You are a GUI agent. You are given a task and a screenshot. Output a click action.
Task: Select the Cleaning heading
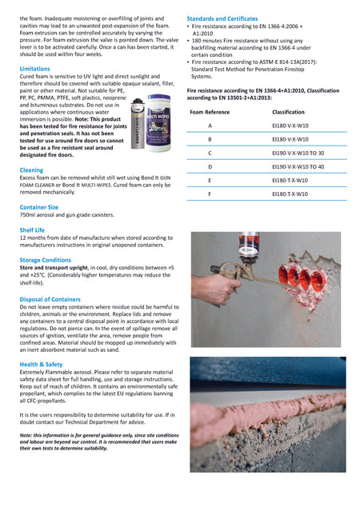tap(31, 170)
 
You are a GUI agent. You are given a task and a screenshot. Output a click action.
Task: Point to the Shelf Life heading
tap(32, 229)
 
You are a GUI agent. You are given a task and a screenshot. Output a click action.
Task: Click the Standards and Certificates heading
tap(222, 18)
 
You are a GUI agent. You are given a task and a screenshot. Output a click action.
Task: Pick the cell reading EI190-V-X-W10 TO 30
tap(298, 153)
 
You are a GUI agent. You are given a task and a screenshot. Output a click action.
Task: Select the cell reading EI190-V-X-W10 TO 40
tap(298, 166)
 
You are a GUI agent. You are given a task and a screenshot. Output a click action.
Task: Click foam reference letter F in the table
tap(210, 194)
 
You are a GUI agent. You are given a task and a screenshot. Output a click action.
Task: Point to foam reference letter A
tap(210, 126)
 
